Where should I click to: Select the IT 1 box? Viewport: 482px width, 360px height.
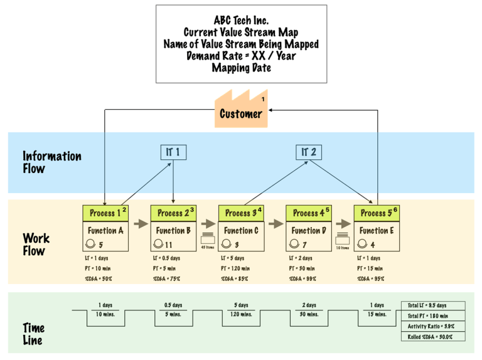click(x=173, y=152)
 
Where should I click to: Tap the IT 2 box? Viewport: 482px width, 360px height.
click(x=308, y=152)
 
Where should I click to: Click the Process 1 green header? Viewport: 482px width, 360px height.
click(x=105, y=213)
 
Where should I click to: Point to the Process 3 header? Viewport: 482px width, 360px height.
click(x=241, y=213)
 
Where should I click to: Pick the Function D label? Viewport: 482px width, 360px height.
click(x=309, y=230)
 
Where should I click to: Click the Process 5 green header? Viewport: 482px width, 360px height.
click(x=377, y=213)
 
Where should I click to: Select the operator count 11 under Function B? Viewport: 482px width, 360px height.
click(x=168, y=245)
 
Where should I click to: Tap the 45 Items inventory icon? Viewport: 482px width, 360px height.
click(x=207, y=238)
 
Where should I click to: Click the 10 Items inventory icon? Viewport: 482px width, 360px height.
click(x=342, y=238)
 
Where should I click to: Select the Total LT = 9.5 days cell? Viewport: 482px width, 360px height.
click(x=433, y=305)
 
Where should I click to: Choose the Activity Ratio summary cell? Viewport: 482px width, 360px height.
click(x=433, y=326)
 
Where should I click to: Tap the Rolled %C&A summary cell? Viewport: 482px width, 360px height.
click(x=433, y=337)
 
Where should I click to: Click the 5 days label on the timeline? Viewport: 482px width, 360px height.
click(x=240, y=305)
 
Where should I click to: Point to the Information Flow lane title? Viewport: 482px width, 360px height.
click(x=52, y=162)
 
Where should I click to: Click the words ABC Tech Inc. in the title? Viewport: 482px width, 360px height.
click(x=241, y=20)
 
